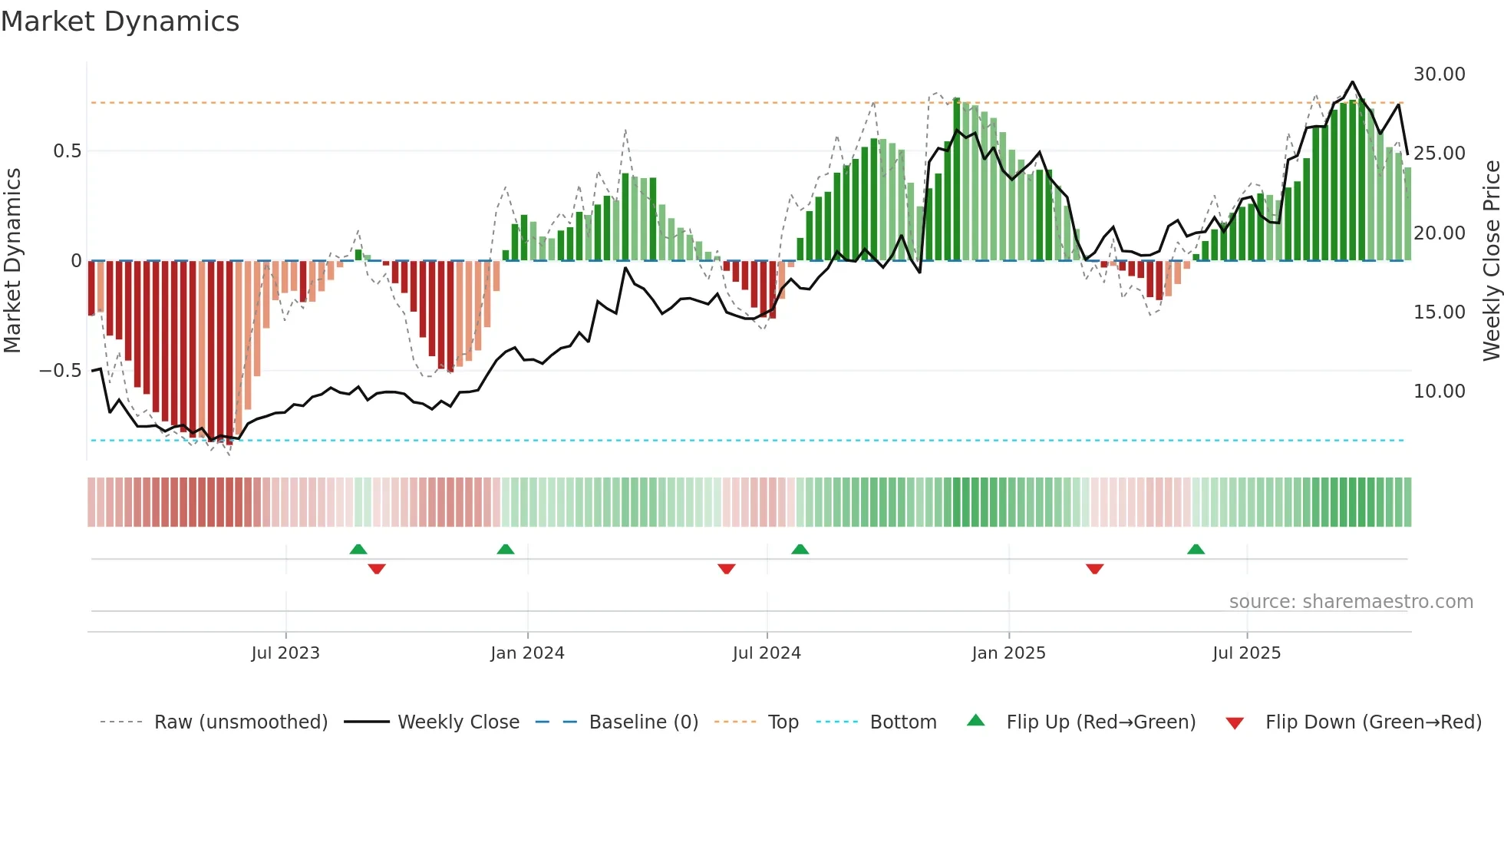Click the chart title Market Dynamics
tap(120, 21)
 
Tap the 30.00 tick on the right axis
tap(1439, 74)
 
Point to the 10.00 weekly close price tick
tap(1439, 392)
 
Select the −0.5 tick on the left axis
tap(61, 371)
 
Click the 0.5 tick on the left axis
tap(67, 151)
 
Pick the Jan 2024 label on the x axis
tap(527, 653)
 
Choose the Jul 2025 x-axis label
tap(1246, 653)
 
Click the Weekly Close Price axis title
tap(1491, 261)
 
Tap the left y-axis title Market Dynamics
tap(12, 261)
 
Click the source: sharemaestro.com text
tap(1351, 602)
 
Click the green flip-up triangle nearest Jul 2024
tap(800, 550)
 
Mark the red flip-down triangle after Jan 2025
tap(1094, 568)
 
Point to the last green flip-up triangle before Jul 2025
tap(1196, 550)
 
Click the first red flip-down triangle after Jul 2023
tap(376, 568)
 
